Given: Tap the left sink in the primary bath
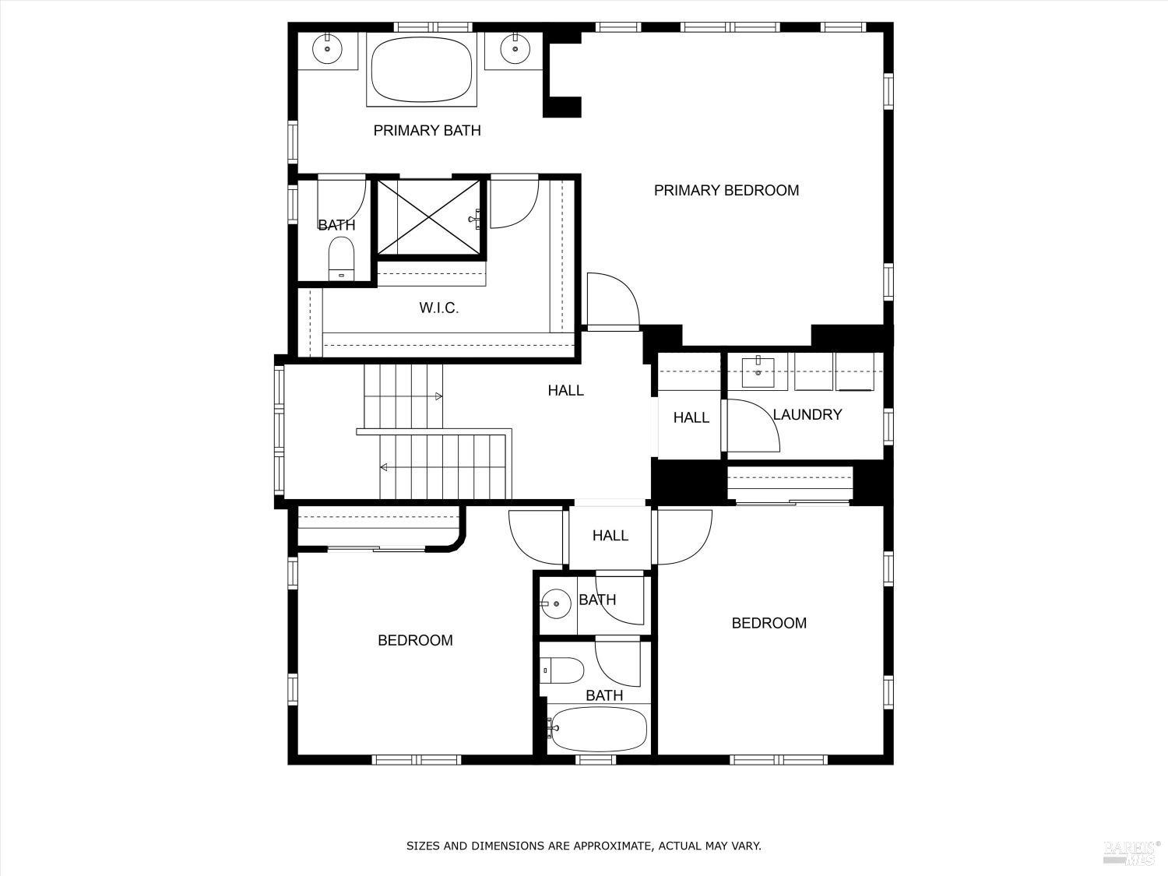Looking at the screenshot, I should [x=327, y=50].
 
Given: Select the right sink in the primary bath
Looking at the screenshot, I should [x=514, y=50].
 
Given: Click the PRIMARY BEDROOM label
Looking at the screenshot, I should [x=726, y=191].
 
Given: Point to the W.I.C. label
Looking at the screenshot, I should [x=438, y=308].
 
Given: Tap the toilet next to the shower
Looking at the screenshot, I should [x=341, y=257].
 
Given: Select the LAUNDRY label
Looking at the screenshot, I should [x=807, y=415].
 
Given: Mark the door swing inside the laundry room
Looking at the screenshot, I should [x=751, y=426].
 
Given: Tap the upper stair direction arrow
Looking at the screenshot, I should [x=438, y=397].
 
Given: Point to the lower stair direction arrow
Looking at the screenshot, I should [x=384, y=467].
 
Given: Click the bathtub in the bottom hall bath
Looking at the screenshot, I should [x=597, y=729].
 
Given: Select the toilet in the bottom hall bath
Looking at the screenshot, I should [x=562, y=670].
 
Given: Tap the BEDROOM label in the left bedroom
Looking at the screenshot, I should [x=415, y=641].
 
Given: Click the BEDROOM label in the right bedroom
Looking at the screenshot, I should [x=769, y=624].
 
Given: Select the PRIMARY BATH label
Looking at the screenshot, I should [x=427, y=131].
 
